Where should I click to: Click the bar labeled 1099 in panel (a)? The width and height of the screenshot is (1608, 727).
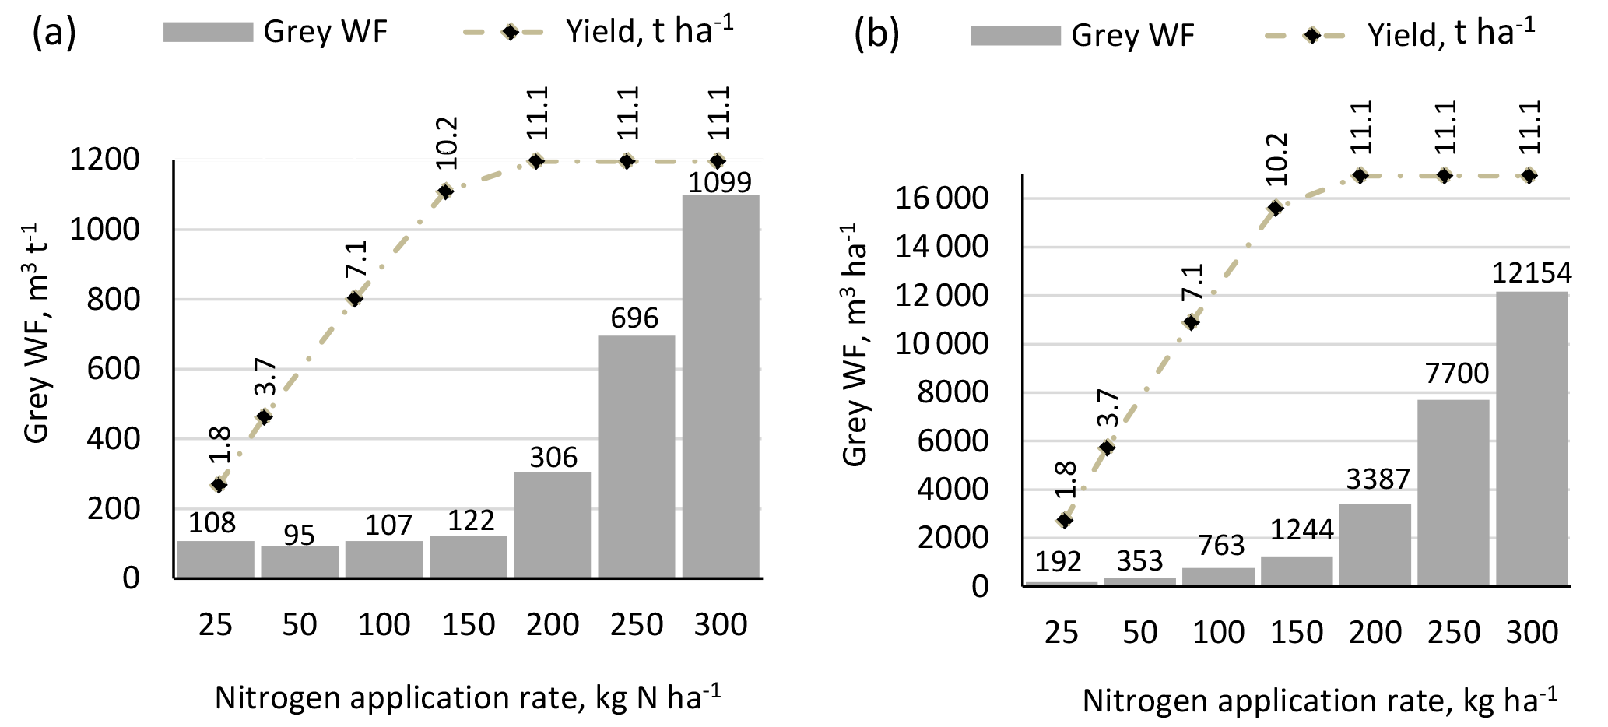click(x=721, y=386)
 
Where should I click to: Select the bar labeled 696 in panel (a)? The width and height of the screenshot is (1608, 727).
click(x=636, y=456)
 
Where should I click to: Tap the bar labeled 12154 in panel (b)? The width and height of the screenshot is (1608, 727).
click(x=1531, y=438)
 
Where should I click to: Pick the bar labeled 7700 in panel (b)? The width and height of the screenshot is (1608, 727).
click(x=1452, y=492)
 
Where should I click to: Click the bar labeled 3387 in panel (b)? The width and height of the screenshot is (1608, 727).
click(x=1375, y=544)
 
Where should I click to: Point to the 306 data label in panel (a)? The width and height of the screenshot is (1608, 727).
click(x=553, y=458)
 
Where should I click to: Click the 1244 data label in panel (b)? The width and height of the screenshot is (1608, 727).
click(x=1302, y=530)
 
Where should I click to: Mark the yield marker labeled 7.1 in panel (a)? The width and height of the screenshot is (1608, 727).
click(x=355, y=299)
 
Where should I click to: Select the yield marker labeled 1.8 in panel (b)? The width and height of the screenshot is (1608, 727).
click(x=1065, y=520)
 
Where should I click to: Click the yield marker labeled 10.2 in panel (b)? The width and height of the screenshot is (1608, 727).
click(x=1276, y=208)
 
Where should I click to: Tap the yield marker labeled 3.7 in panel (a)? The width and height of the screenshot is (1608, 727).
click(x=265, y=417)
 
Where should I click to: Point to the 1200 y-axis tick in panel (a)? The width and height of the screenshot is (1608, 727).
click(x=104, y=160)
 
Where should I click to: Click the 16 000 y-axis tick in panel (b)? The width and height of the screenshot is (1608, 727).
click(x=941, y=198)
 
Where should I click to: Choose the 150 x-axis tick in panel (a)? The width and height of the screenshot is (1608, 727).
click(x=469, y=625)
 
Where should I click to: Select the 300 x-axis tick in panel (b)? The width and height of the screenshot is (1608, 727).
click(x=1532, y=633)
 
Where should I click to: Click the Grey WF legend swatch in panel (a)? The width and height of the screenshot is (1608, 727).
click(x=208, y=32)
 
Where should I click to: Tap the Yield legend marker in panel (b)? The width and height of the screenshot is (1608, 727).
click(x=1312, y=36)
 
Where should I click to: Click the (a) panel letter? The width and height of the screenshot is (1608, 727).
click(x=54, y=32)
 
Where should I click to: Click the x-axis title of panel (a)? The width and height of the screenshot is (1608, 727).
click(x=468, y=698)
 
